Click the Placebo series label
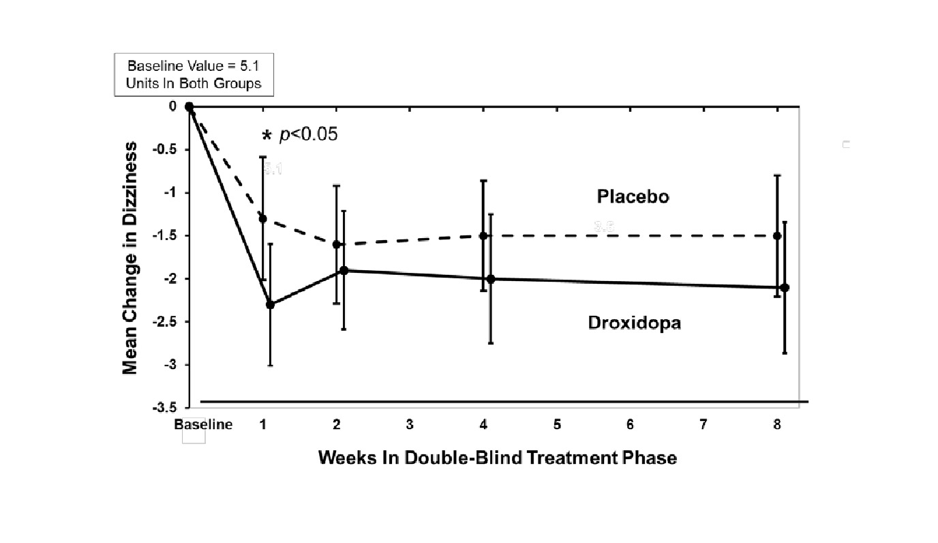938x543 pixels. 633,197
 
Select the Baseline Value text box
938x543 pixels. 194,76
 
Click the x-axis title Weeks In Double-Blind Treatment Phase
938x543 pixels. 497,457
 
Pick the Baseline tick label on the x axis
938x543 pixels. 203,424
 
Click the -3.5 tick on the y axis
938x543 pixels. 164,407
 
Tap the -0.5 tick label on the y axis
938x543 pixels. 164,149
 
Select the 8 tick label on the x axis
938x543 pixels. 777,424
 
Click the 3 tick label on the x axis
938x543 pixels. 410,424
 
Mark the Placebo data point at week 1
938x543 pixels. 263,218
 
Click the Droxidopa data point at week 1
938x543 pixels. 271,304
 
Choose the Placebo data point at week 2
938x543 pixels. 337,244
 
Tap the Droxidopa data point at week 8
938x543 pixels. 785,287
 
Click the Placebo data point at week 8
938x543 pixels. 777,235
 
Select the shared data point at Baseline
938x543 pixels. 190,106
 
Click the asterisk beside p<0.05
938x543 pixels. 267,134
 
